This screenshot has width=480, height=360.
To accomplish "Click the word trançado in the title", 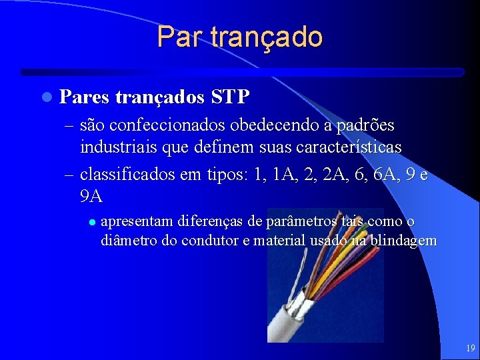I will click(x=266, y=37).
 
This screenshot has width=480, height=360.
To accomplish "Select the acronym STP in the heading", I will click(x=230, y=97).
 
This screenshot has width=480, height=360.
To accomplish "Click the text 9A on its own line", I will click(x=91, y=196).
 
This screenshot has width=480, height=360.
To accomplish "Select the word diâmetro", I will click(x=127, y=240).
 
